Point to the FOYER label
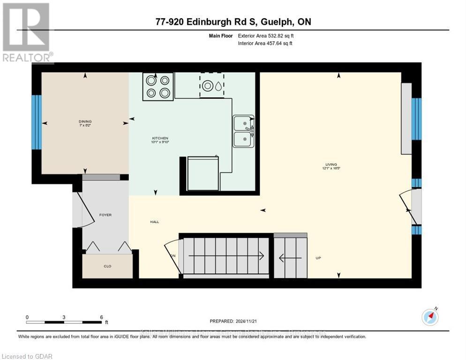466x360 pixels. click(105, 215)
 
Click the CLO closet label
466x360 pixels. click(108, 266)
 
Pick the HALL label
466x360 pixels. click(154, 222)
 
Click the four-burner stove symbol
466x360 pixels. click(158, 87)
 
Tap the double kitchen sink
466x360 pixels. click(243, 131)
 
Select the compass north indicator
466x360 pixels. click(430, 317)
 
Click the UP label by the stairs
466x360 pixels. click(318, 258)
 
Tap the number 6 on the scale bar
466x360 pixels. click(101, 317)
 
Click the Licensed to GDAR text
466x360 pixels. click(27, 356)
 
